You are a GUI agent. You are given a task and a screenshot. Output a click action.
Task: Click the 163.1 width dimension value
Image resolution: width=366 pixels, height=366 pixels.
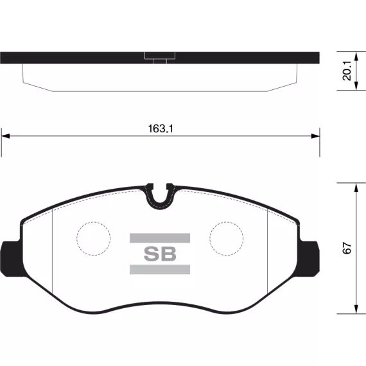point(161,128)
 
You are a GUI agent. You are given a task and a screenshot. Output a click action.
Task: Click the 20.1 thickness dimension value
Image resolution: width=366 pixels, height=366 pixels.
point(347,71)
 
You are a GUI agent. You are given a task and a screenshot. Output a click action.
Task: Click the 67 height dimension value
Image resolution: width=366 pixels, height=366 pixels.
point(347,248)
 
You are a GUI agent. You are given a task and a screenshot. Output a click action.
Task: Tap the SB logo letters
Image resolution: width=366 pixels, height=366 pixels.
point(160,254)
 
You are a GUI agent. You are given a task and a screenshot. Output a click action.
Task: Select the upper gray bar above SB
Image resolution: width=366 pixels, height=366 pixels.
point(160,238)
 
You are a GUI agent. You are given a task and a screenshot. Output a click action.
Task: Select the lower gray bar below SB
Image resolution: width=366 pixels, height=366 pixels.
point(160,270)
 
